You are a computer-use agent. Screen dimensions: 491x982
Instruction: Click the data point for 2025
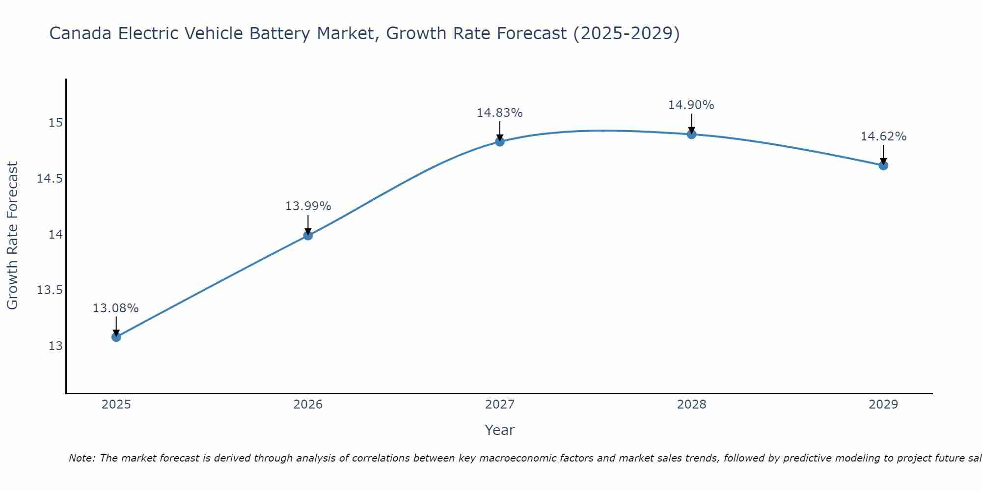[x=116, y=337]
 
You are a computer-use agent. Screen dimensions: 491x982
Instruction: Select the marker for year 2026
[x=308, y=235]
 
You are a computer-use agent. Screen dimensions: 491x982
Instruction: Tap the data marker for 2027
[x=500, y=142]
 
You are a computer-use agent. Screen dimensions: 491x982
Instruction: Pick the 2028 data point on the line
[x=691, y=134]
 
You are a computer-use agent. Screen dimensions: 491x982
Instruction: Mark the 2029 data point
[x=883, y=165]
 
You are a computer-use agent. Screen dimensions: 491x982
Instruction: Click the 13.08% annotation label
[x=116, y=308]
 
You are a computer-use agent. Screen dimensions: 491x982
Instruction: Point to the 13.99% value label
[x=308, y=206]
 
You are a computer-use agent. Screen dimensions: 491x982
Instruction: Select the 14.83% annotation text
[x=500, y=113]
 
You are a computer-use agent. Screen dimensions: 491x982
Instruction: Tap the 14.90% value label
[x=691, y=105]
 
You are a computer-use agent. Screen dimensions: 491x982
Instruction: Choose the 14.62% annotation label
[x=883, y=136]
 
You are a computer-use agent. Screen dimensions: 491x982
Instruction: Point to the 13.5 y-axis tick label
[x=50, y=290]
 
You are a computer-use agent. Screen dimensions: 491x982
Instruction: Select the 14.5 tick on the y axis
[x=50, y=179]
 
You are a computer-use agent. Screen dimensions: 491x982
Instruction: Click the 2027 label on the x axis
[x=500, y=405]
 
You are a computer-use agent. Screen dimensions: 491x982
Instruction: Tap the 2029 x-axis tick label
[x=883, y=405]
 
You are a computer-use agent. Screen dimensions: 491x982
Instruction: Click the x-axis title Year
[x=499, y=430]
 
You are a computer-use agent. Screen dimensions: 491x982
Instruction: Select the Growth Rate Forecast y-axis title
[x=12, y=236]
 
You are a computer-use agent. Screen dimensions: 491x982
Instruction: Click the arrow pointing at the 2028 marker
[x=691, y=123]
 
